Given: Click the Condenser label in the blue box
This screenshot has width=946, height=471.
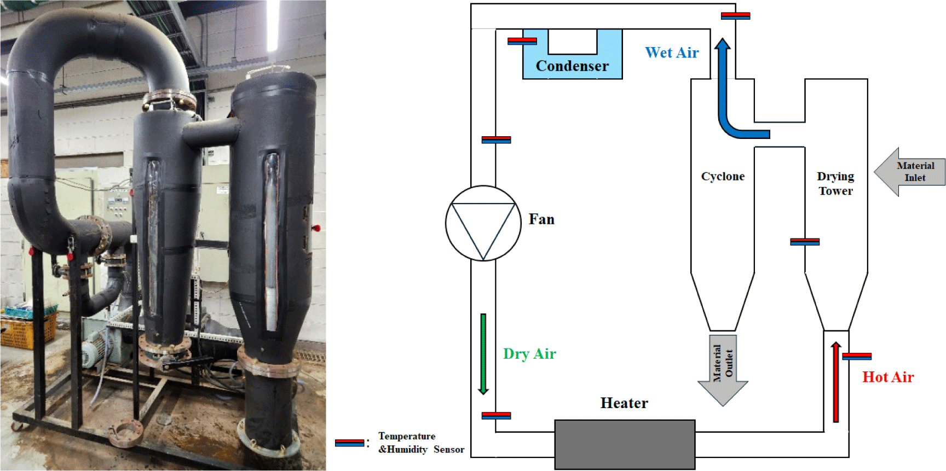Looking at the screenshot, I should (x=572, y=66).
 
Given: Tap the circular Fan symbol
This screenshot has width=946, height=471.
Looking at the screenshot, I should (x=483, y=223).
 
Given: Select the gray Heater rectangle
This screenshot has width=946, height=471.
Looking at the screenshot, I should (x=625, y=444).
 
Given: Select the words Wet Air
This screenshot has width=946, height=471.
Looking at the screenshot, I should (x=672, y=53).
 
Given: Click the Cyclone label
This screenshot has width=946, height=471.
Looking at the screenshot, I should (x=723, y=176).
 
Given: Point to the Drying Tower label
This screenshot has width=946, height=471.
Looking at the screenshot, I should (x=835, y=183).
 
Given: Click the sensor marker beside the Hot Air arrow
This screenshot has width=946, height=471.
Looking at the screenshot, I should (x=857, y=356).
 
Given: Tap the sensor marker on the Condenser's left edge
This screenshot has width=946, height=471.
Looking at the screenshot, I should (x=522, y=40).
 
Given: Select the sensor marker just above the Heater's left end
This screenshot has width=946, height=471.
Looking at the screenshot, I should (x=496, y=415).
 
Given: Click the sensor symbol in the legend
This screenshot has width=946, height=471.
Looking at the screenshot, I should (x=349, y=443).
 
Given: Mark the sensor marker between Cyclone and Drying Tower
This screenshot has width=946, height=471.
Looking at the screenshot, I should (x=805, y=241).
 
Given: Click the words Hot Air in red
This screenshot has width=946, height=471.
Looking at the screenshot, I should (x=888, y=377).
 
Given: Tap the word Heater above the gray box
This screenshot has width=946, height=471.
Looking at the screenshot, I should (x=624, y=403).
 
